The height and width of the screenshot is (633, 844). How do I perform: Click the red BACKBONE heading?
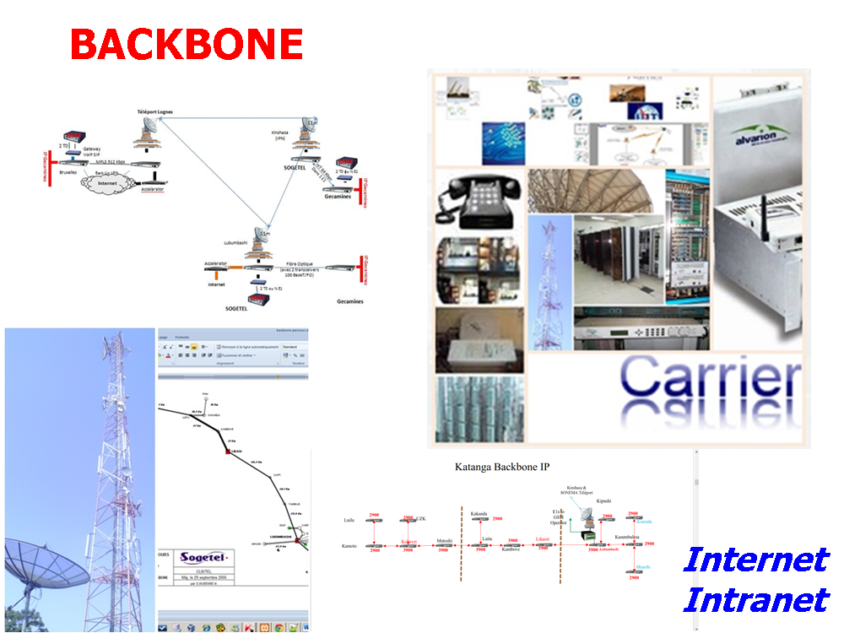pyautogui.click(x=186, y=44)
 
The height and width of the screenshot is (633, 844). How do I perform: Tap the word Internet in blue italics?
pyautogui.click(x=755, y=559)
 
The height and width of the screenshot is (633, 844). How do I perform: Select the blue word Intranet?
pyautogui.click(x=755, y=600)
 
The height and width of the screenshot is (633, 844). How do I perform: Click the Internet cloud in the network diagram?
pyautogui.click(x=107, y=181)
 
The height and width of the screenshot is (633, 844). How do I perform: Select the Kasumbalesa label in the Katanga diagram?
pyautogui.click(x=630, y=537)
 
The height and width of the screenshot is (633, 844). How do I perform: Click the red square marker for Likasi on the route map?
pyautogui.click(x=227, y=452)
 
